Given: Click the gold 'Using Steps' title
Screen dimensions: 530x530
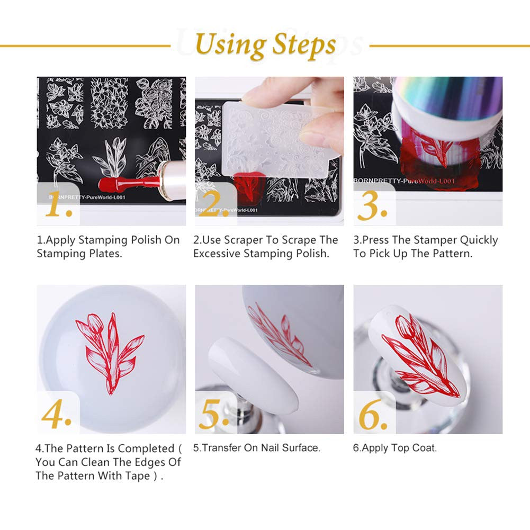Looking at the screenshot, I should point(265,44).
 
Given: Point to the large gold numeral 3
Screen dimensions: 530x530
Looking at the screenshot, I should point(375,206).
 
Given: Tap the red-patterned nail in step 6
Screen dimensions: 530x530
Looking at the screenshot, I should point(418,352).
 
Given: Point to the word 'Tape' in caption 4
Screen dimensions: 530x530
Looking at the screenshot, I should point(138,476).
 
